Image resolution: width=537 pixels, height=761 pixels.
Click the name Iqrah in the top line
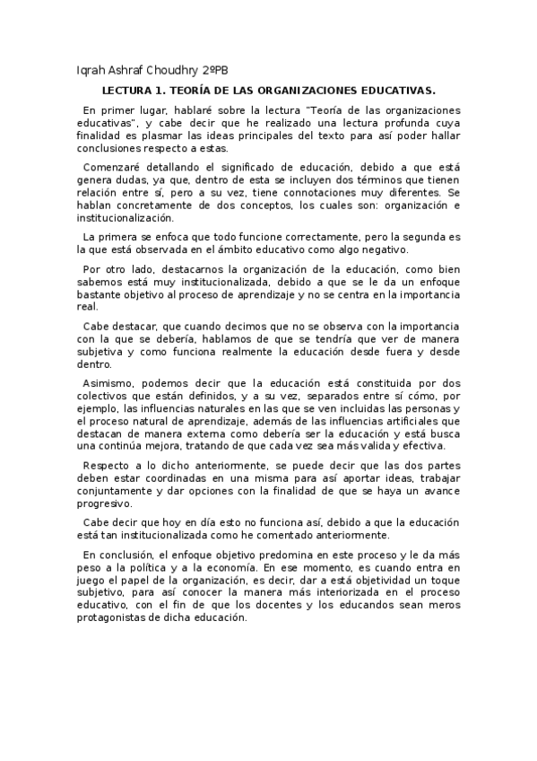(92, 72)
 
